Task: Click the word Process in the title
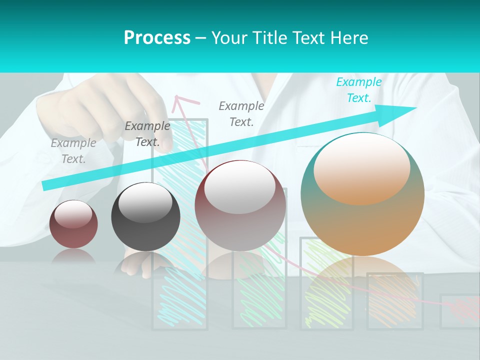pyautogui.click(x=157, y=38)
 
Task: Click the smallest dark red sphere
pyautogui.click(x=73, y=224)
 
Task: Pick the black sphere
pyautogui.click(x=145, y=217)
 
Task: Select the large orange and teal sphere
pyautogui.click(x=362, y=194)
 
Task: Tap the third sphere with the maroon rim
pyautogui.click(x=240, y=206)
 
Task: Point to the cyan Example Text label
pyautogui.click(x=358, y=90)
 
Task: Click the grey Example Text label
pyautogui.click(x=73, y=151)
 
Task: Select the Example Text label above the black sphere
pyautogui.click(x=147, y=134)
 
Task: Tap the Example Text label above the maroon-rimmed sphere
pyautogui.click(x=241, y=113)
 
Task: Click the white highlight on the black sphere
pyautogui.click(x=145, y=203)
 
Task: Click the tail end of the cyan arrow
pyautogui.click(x=46, y=185)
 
